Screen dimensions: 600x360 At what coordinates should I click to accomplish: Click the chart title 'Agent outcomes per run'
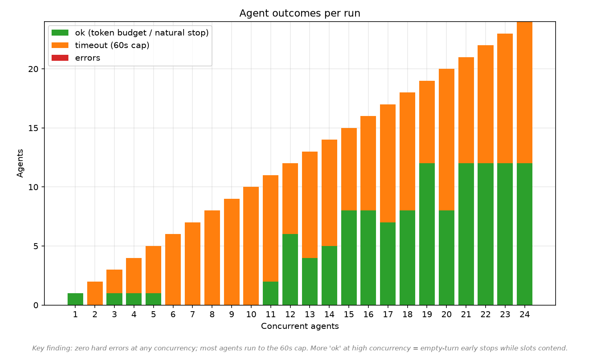[300, 13]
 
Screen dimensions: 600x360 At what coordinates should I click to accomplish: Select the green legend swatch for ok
[60, 33]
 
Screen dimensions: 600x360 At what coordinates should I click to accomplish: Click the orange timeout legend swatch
[60, 45]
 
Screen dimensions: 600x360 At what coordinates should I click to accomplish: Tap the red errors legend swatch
[60, 58]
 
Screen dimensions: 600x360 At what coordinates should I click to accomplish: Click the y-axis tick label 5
[36, 246]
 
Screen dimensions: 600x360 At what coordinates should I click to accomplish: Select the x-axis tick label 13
[310, 314]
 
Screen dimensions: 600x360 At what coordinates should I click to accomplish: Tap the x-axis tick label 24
[524, 314]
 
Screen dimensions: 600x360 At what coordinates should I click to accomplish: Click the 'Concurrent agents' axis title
[300, 326]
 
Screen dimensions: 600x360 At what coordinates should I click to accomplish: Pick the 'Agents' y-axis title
[20, 163]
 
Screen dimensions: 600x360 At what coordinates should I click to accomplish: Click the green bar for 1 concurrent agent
[75, 299]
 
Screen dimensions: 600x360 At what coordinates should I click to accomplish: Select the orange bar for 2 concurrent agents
[95, 293]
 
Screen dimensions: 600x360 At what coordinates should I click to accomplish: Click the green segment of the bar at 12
[290, 270]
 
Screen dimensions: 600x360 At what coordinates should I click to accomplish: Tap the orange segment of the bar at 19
[427, 122]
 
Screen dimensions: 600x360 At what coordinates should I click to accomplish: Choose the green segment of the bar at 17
[388, 264]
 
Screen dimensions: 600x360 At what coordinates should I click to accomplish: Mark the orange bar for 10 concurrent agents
[251, 246]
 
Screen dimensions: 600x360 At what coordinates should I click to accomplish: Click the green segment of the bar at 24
[524, 234]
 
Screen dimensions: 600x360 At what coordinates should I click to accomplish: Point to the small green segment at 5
[154, 299]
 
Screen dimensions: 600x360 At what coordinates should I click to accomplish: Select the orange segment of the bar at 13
[310, 205]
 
